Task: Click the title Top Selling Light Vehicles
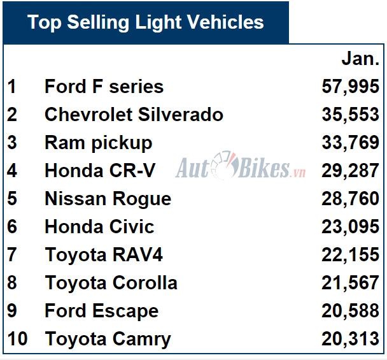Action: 146,22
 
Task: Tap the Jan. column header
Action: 360,59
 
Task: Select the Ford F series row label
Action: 104,87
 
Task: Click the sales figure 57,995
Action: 351,87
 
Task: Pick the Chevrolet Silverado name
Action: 134,115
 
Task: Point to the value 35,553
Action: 351,115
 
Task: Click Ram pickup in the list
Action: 98,143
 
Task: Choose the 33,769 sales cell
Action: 351,143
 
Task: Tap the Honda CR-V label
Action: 100,171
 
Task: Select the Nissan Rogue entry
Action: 108,199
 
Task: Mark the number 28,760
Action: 351,199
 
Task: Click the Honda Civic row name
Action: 99,227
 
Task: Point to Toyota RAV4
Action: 104,255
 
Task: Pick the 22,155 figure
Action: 351,255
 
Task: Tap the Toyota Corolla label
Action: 111,283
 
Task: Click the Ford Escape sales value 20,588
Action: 351,311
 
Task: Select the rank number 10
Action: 18,339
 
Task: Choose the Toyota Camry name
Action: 108,339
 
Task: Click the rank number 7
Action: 12,255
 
